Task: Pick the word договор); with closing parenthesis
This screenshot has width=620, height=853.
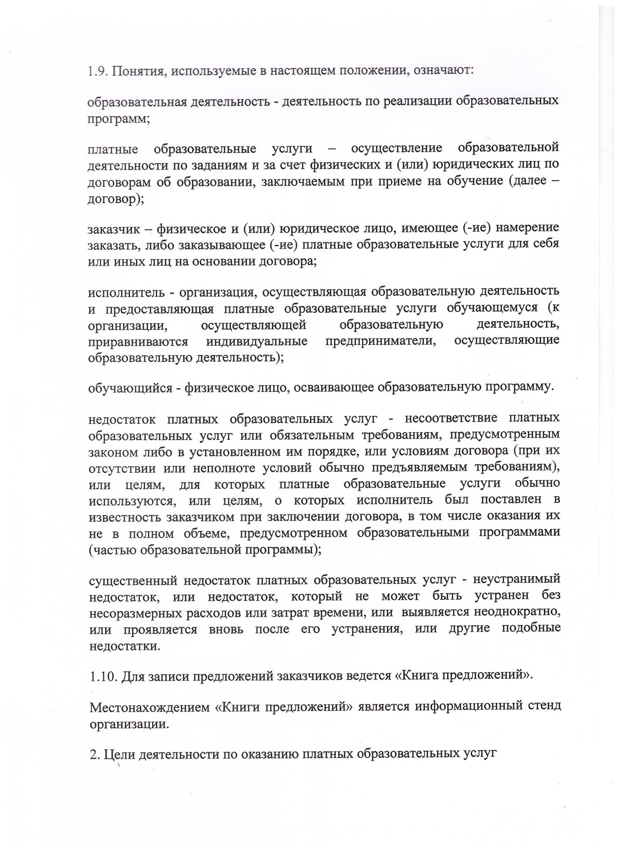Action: point(116,199)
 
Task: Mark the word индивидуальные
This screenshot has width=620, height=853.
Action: point(257,342)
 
